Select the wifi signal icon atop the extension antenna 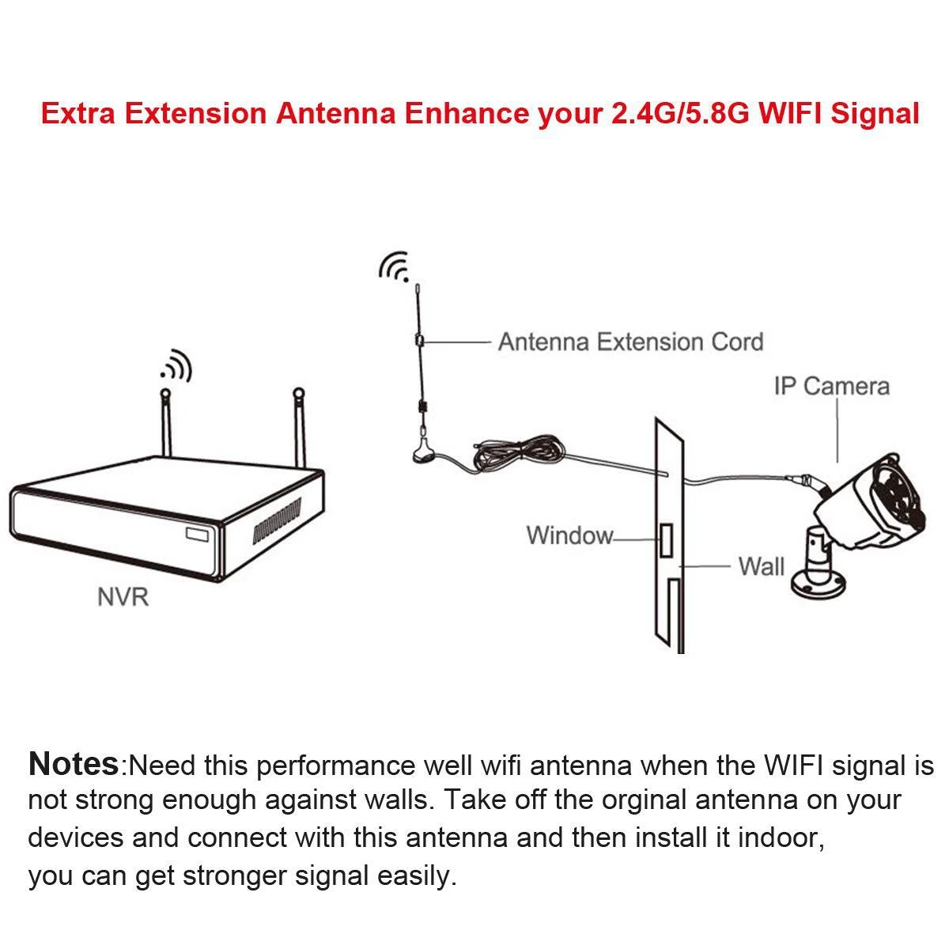[x=394, y=267]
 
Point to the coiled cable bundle [x=518, y=452]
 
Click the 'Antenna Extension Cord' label [x=630, y=342]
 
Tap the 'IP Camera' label [x=831, y=386]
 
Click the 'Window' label [x=569, y=535]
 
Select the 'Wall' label [x=761, y=566]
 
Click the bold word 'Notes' [x=73, y=764]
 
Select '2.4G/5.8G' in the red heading [x=679, y=113]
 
